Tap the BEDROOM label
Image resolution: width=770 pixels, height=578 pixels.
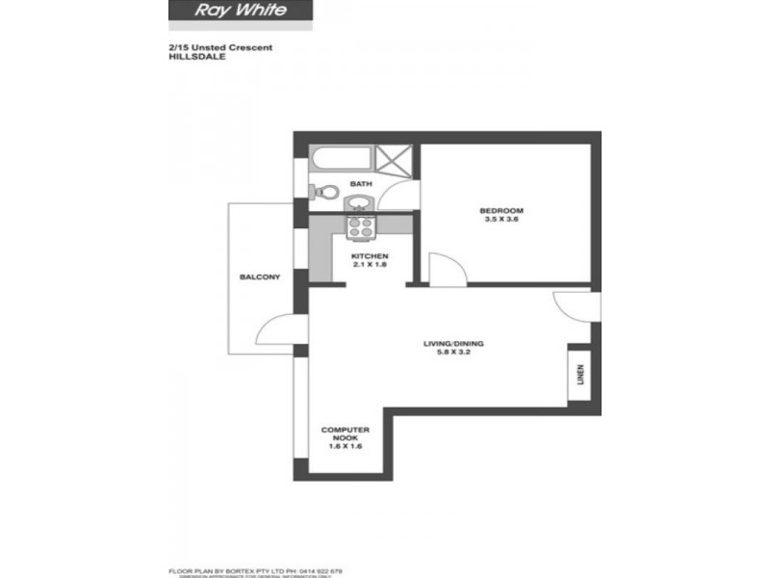(501, 211)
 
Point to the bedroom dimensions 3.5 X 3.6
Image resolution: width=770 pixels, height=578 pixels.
(501, 221)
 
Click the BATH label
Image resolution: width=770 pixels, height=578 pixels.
(360, 184)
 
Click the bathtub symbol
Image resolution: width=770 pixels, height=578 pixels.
(339, 158)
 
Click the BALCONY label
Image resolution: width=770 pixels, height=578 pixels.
(260, 277)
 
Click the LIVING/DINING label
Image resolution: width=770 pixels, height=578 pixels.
(454, 343)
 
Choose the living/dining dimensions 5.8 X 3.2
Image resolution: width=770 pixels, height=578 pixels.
(454, 353)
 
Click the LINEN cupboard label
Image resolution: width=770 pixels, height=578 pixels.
(579, 373)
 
